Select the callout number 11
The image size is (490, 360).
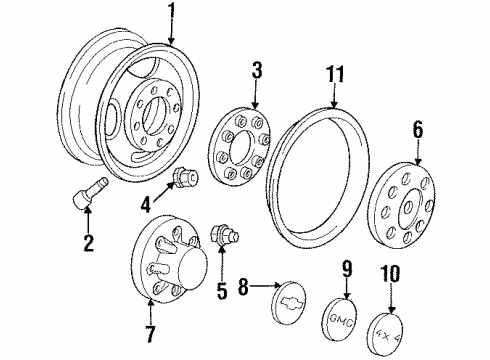335,73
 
